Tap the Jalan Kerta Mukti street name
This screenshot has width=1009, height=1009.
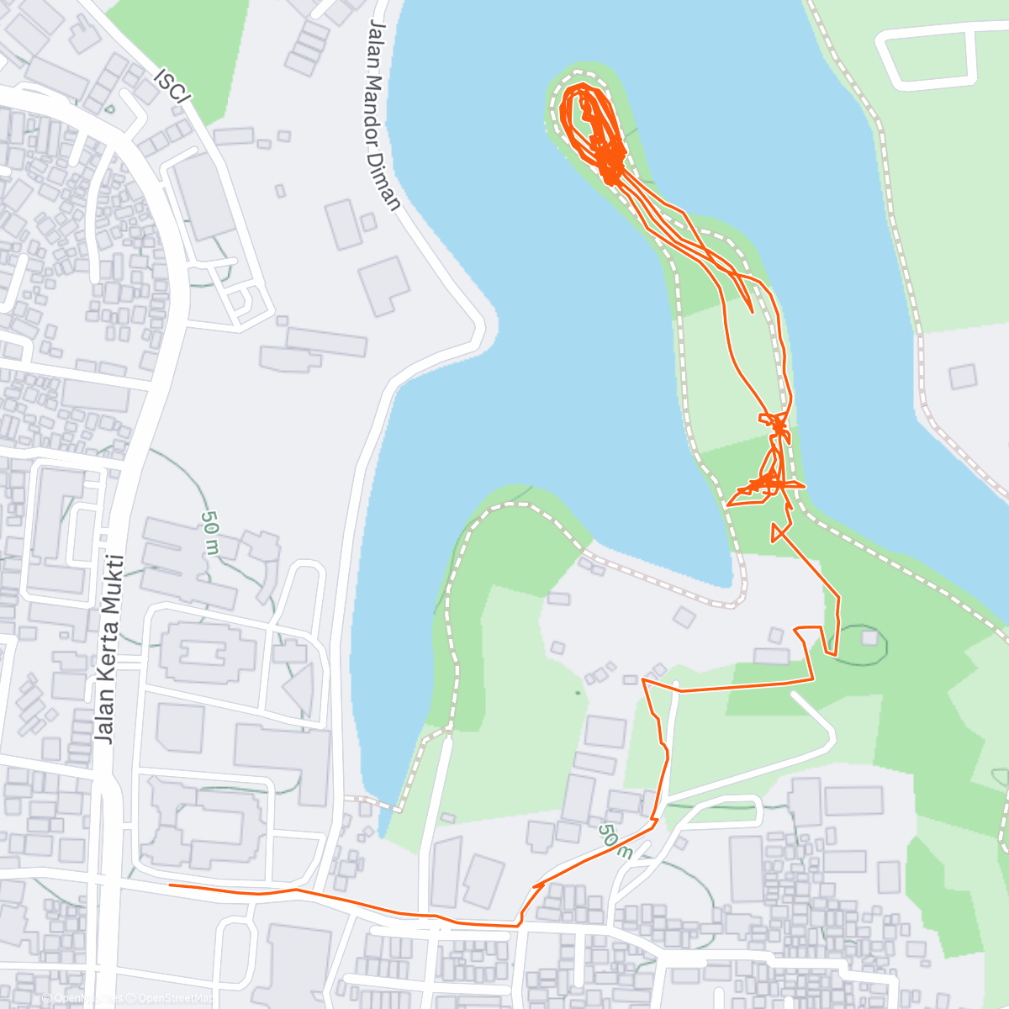(109, 647)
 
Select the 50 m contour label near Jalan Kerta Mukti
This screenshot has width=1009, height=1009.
(209, 532)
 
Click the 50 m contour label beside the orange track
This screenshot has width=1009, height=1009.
(615, 840)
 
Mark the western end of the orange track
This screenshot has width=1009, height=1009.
(171, 885)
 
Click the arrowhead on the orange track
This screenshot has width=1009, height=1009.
(538, 885)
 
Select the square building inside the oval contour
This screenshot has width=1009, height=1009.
(869, 638)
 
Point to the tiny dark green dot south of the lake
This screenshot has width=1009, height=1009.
(578, 693)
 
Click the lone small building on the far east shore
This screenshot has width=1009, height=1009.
(963, 376)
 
